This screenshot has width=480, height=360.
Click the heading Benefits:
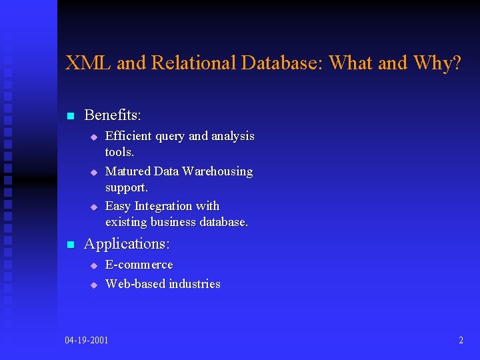pos(113,115)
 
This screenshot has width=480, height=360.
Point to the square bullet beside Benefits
pos(69,116)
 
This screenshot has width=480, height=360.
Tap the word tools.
pos(119,152)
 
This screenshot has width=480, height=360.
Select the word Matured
pos(127,171)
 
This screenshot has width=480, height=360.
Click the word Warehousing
pos(217,171)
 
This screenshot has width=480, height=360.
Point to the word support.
pos(126,187)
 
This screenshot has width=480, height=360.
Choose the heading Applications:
pos(127,244)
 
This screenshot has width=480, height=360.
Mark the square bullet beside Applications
pos(69,245)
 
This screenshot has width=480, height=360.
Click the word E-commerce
pos(139,265)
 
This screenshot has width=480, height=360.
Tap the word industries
pos(195,284)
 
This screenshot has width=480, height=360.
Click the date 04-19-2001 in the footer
pos(87,341)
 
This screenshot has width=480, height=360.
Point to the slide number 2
pos(461,341)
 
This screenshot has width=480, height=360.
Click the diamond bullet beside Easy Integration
pos(94,207)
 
